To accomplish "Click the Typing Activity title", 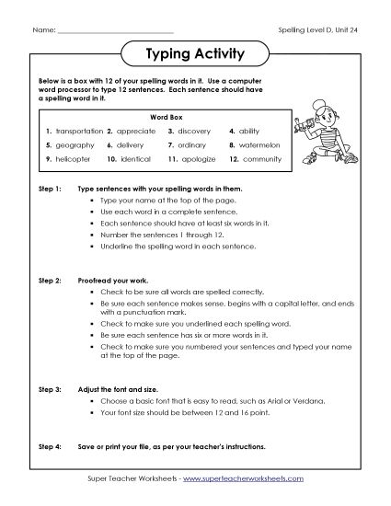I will tap(195, 53).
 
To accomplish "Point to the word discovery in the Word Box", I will tap(198, 132).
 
